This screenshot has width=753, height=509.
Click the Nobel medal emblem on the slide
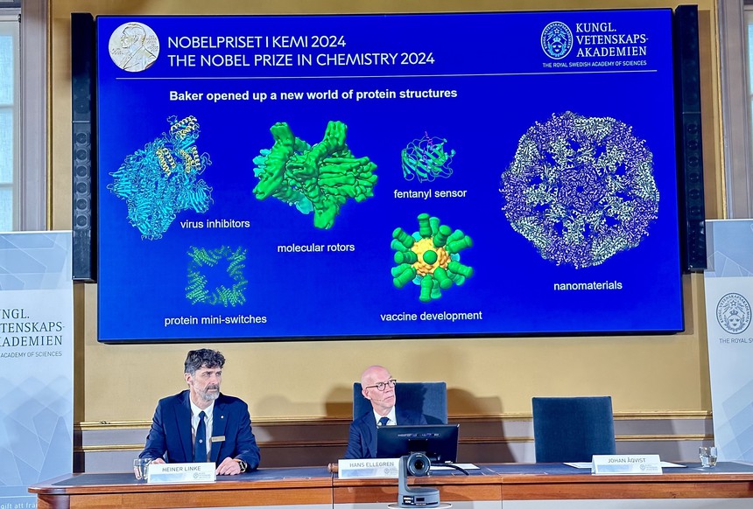pyautogui.click(x=134, y=47)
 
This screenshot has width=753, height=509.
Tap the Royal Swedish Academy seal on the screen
pyautogui.click(x=556, y=40)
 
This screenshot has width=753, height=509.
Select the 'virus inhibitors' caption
pyautogui.click(x=215, y=224)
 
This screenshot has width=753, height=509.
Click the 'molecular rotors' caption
pyautogui.click(x=316, y=248)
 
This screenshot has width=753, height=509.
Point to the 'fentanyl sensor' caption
pyautogui.click(x=430, y=193)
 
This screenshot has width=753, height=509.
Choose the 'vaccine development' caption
pyautogui.click(x=431, y=316)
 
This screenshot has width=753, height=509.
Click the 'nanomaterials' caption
pyautogui.click(x=588, y=285)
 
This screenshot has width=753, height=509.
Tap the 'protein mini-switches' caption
pyautogui.click(x=215, y=320)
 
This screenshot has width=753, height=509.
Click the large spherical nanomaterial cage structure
pyautogui.click(x=580, y=188)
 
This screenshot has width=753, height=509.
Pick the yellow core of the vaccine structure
pyautogui.click(x=430, y=257)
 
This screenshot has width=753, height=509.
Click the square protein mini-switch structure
pyautogui.click(x=215, y=275)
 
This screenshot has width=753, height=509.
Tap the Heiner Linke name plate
pyautogui.click(x=181, y=472)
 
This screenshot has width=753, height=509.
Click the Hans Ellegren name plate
pyautogui.click(x=368, y=468)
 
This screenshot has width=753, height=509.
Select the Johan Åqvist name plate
pyautogui.click(x=626, y=464)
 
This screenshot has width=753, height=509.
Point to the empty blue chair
pyautogui.click(x=574, y=429)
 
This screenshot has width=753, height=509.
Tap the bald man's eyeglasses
pyautogui.click(x=381, y=384)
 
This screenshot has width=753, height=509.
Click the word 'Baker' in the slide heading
pyautogui.click(x=188, y=94)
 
